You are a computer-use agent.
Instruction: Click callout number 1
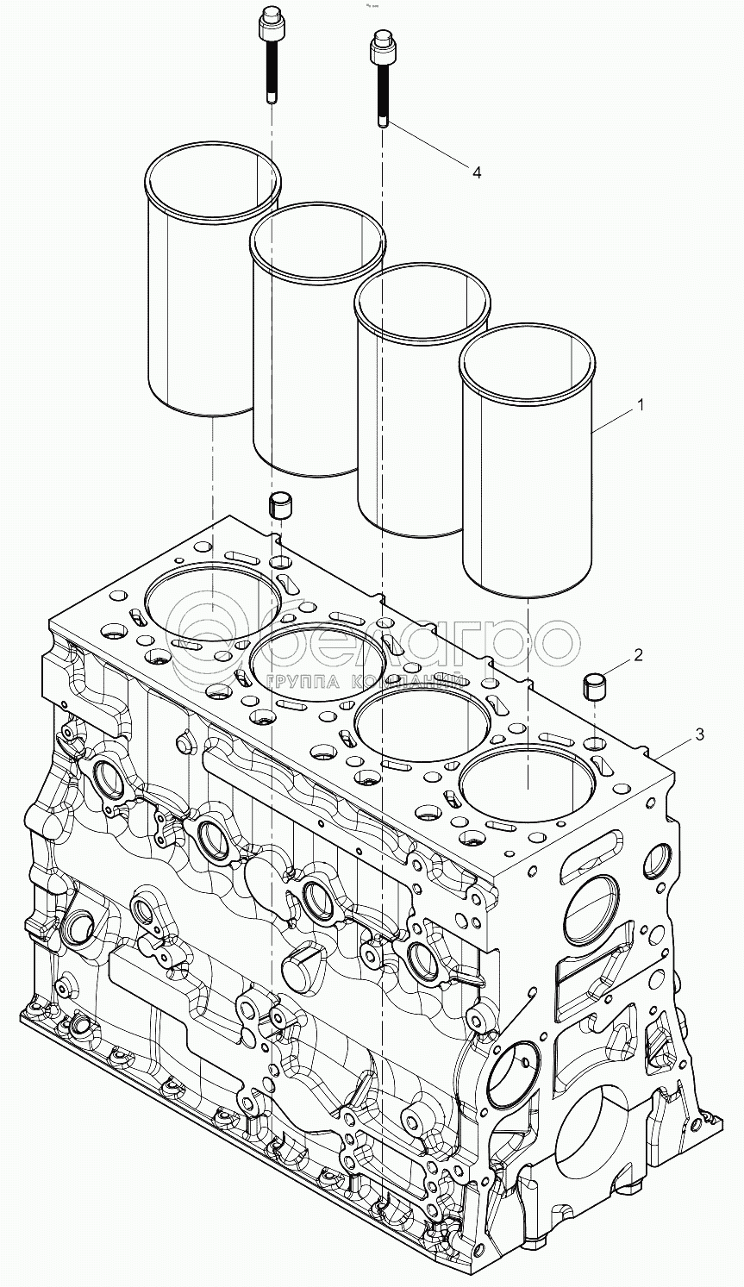tap(639, 404)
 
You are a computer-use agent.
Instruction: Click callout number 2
tap(637, 655)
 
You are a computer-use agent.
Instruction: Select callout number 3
tap(699, 734)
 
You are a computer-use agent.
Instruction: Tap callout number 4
tap(476, 172)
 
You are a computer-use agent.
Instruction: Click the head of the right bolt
tap(383, 45)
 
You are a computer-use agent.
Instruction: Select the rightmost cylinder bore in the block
tap(528, 781)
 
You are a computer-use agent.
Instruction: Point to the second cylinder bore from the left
tap(317, 661)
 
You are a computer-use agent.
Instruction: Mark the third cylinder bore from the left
tap(422, 720)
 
